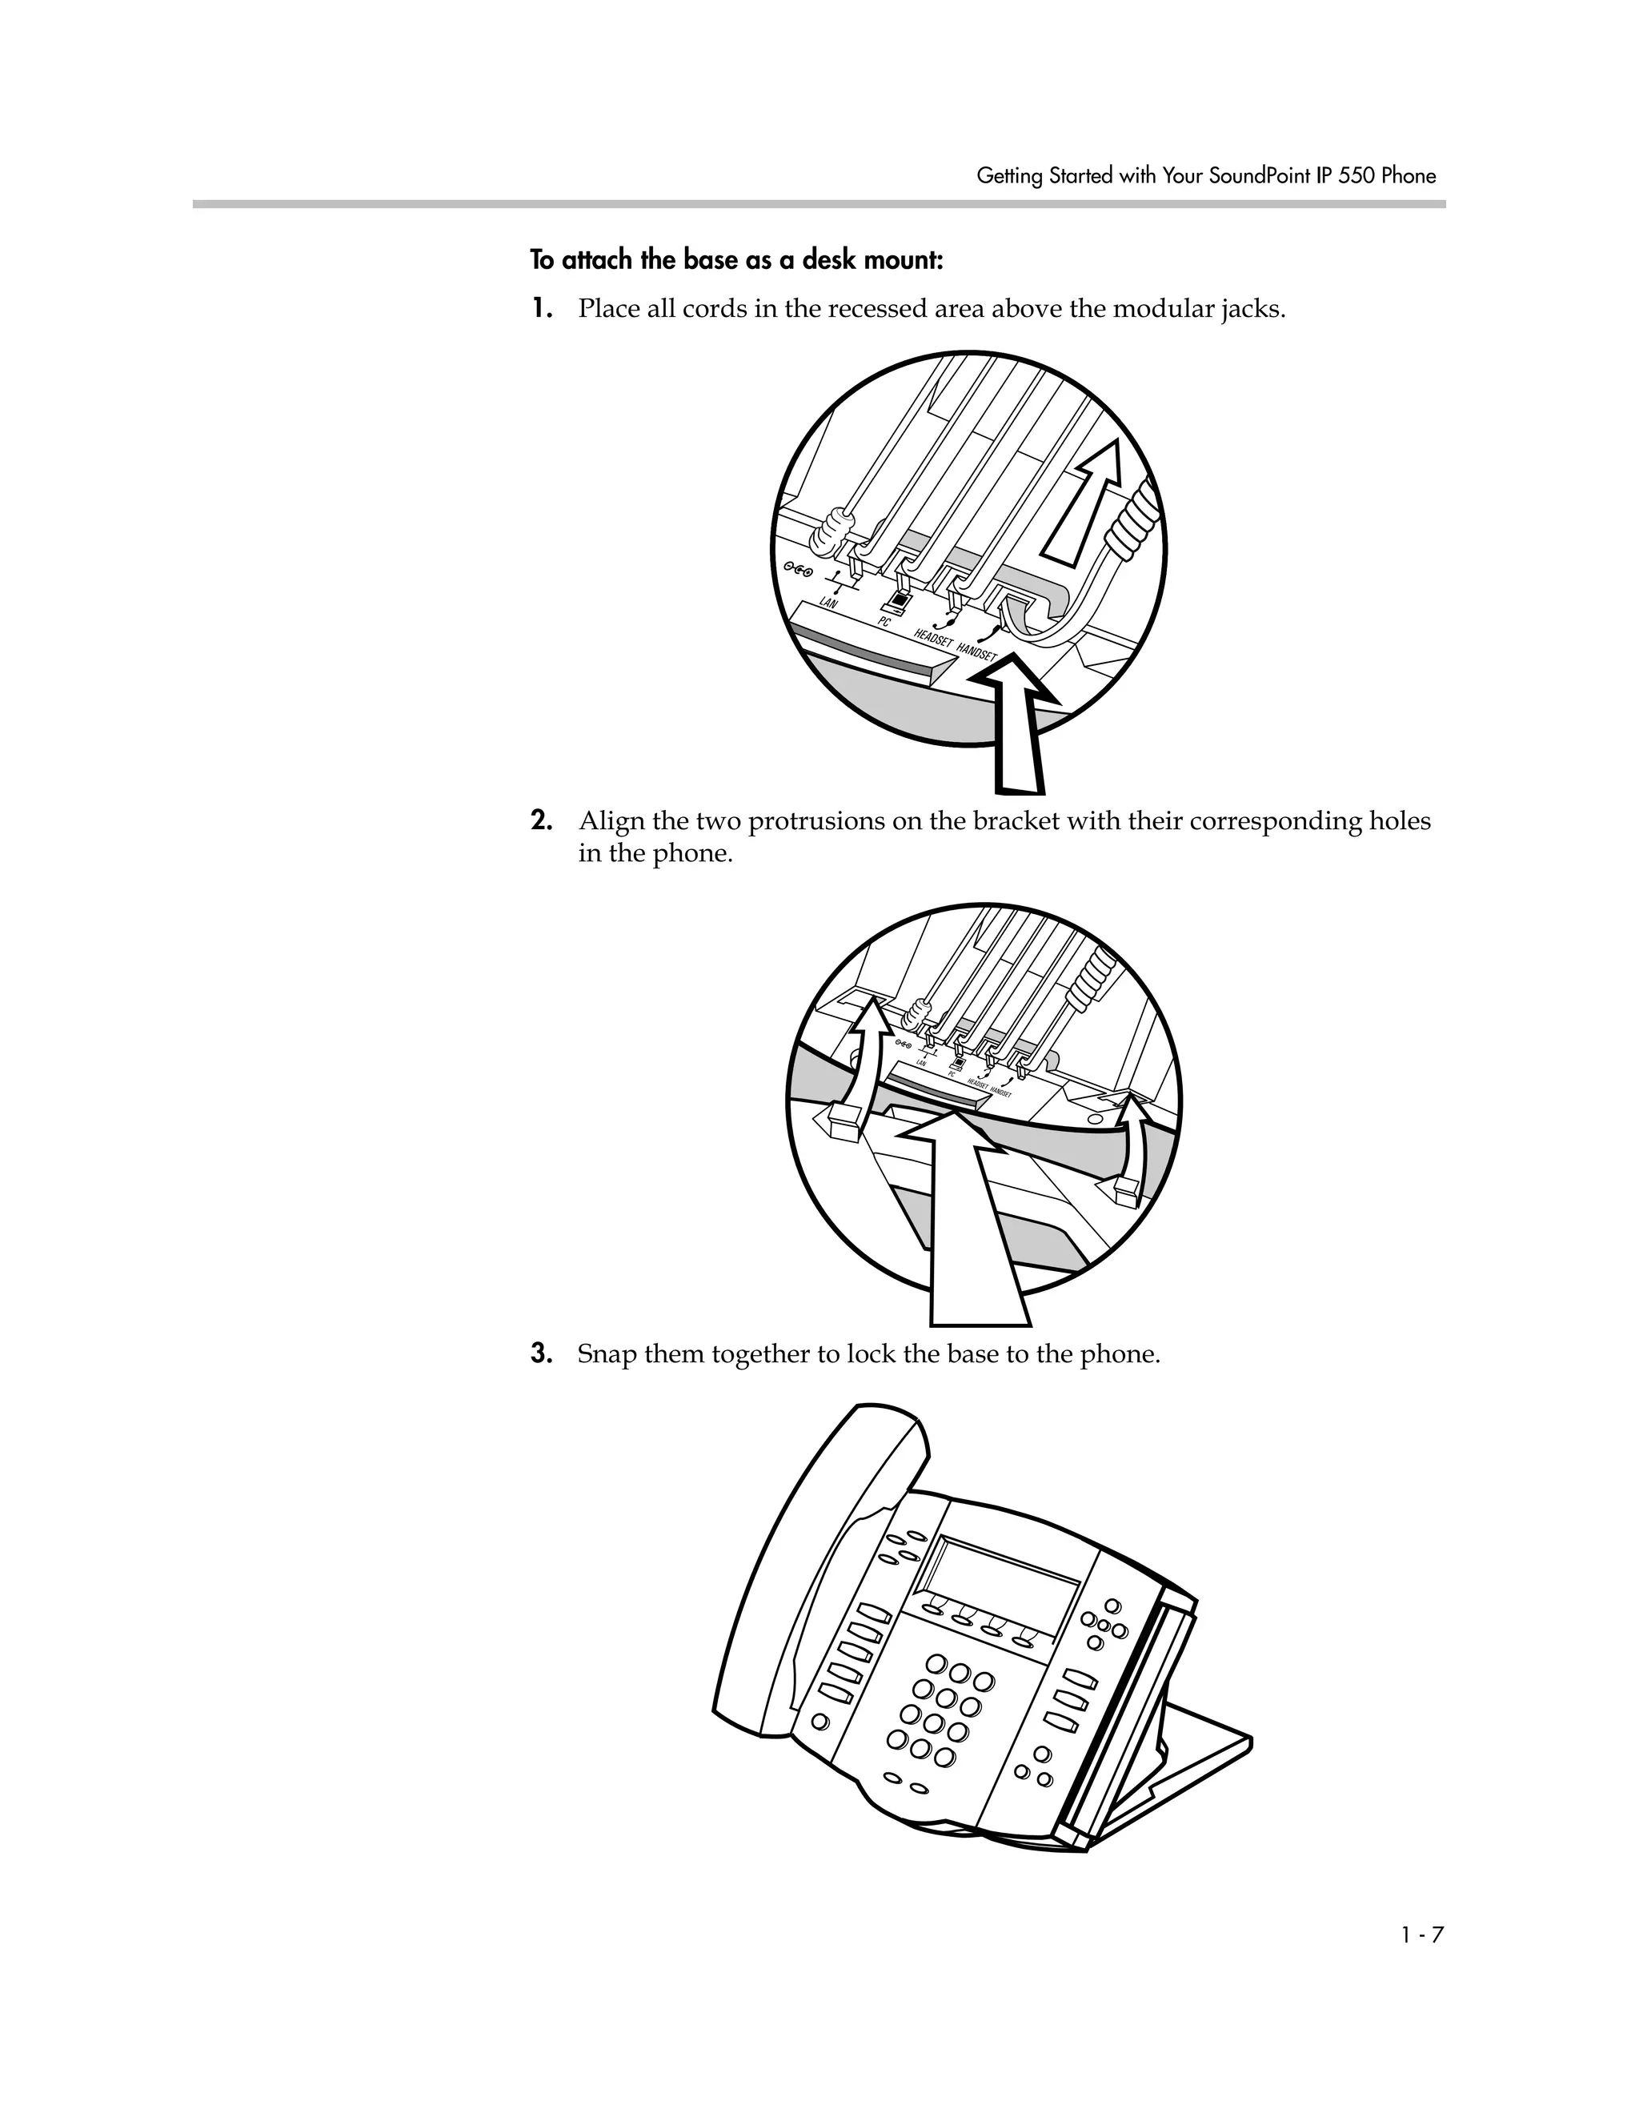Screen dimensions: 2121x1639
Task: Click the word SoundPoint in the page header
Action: click(1253, 176)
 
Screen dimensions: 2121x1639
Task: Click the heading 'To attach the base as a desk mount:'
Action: click(736, 260)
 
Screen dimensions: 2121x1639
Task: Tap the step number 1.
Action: click(541, 309)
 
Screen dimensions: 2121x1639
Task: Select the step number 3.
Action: click(541, 1353)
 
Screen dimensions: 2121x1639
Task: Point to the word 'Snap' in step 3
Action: click(606, 1353)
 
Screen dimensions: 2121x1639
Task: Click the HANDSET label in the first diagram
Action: click(977, 652)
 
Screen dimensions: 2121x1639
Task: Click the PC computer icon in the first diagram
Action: click(901, 601)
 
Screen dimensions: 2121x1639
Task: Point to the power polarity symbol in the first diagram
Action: click(798, 570)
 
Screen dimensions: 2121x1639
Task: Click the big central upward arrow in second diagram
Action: click(971, 1224)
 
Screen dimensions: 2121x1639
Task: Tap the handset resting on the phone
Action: click(806, 1574)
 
